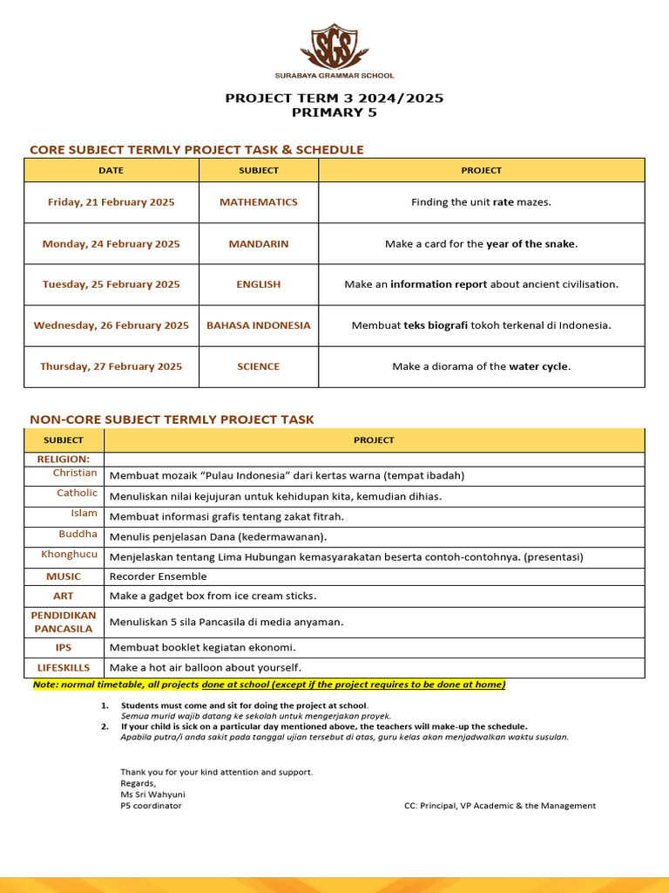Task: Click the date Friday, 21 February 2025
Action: click(x=111, y=202)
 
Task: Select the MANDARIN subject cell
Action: click(x=259, y=244)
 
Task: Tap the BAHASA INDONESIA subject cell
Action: click(x=259, y=325)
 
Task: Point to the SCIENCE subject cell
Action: click(x=259, y=367)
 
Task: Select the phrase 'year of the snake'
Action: click(x=530, y=244)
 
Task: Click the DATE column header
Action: click(x=111, y=170)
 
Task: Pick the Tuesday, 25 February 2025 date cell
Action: click(x=111, y=284)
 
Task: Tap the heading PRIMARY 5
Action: click(x=334, y=112)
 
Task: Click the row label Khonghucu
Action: click(x=69, y=555)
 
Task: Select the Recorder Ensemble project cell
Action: click(x=159, y=576)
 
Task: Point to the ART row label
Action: click(x=64, y=596)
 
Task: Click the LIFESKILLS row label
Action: click(x=64, y=667)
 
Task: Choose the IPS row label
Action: click(x=64, y=648)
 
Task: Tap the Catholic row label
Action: click(x=77, y=494)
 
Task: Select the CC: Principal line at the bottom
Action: click(x=500, y=806)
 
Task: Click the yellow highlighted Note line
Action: click(x=268, y=685)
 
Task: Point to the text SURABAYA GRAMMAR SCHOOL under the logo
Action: click(x=334, y=76)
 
